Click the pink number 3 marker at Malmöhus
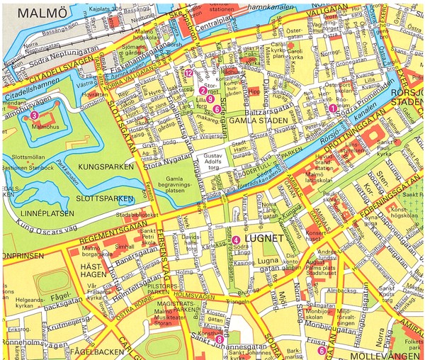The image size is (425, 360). click(x=33, y=116)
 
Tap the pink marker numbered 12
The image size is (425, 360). click(x=188, y=72)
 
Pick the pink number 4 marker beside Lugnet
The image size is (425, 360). click(x=235, y=241)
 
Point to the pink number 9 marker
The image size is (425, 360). click(x=210, y=100)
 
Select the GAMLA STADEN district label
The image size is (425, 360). click(x=256, y=121)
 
